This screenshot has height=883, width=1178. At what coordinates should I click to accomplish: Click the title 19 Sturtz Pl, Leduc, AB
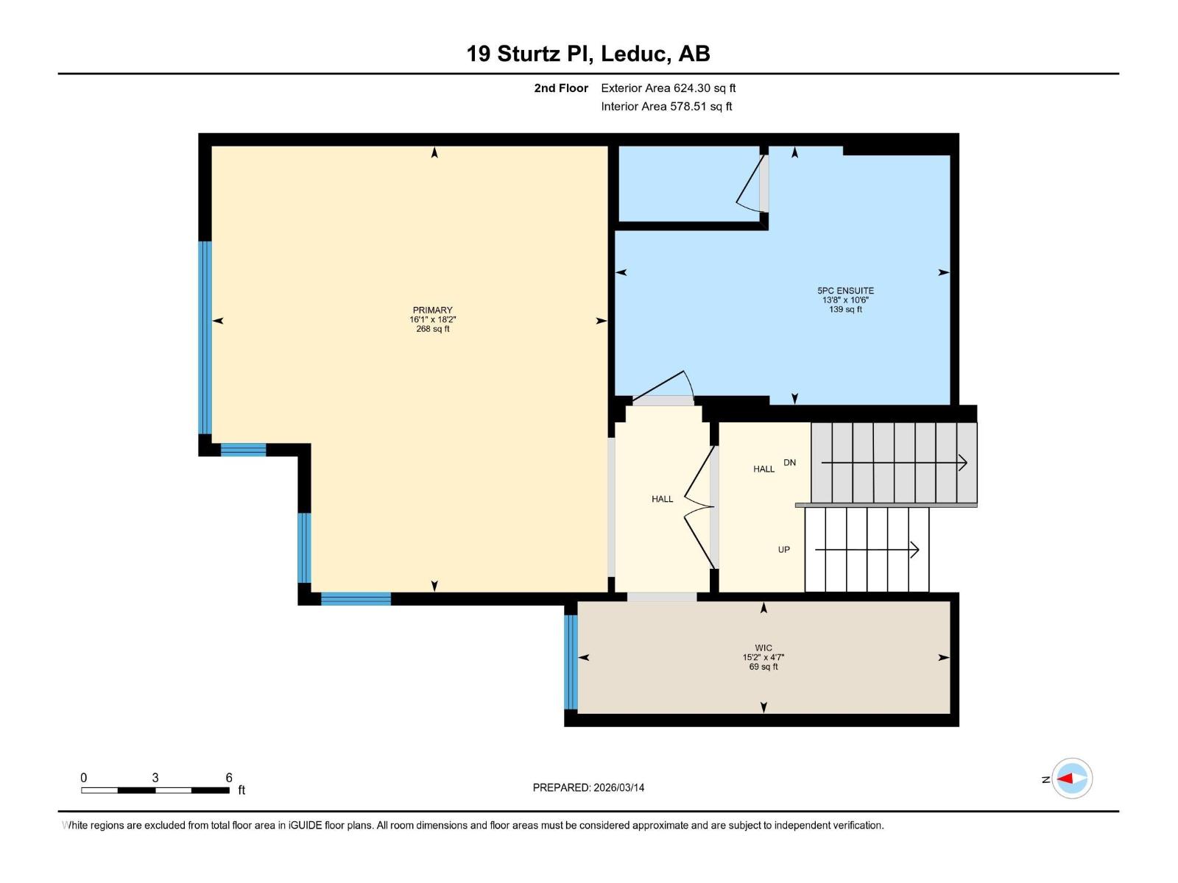click(x=588, y=54)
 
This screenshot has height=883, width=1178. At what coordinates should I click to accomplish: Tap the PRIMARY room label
click(x=433, y=310)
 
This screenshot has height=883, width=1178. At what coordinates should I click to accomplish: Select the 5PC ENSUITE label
click(x=845, y=291)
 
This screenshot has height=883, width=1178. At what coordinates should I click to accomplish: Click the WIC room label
click(x=763, y=648)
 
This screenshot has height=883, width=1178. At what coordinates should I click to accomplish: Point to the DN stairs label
click(x=789, y=462)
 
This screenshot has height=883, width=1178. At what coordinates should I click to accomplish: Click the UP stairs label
click(x=783, y=550)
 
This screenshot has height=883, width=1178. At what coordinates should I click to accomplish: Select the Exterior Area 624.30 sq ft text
click(x=669, y=88)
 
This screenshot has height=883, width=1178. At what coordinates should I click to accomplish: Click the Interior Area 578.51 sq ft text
click(x=666, y=106)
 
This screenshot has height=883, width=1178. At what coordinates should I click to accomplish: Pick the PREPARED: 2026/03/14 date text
click(x=588, y=787)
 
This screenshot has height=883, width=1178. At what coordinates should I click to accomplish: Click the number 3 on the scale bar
click(x=155, y=777)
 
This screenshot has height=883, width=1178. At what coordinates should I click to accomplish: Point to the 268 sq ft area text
click(x=433, y=329)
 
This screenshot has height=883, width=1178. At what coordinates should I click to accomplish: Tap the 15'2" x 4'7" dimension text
click(x=763, y=657)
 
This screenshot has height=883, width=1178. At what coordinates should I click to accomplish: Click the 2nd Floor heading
click(x=561, y=88)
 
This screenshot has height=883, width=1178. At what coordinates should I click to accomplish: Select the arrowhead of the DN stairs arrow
click(x=963, y=462)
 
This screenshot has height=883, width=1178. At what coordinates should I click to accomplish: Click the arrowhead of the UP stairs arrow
click(x=915, y=550)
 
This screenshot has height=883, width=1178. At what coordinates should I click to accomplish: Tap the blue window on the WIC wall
click(x=571, y=662)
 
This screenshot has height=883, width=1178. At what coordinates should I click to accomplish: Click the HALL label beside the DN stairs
click(x=763, y=469)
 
